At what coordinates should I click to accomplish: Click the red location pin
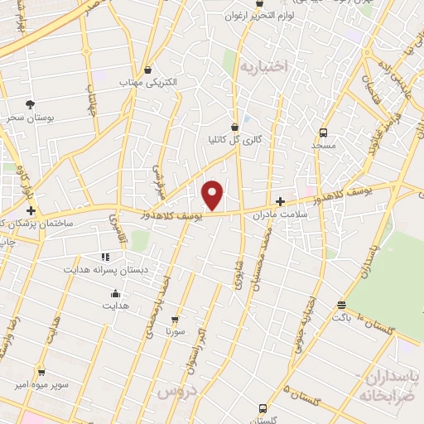pyautogui.click(x=213, y=195)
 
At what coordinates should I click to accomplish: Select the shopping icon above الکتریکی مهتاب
pyautogui.click(x=147, y=70)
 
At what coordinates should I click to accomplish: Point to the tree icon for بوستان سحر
pyautogui.click(x=31, y=104)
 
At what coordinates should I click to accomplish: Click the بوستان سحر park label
pyautogui.click(x=30, y=118)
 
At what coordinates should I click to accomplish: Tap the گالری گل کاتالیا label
pyautogui.click(x=235, y=140)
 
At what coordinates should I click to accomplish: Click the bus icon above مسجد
pyautogui.click(x=322, y=132)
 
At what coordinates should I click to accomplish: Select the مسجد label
pyautogui.click(x=322, y=145)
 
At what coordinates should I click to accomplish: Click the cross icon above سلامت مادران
pyautogui.click(x=280, y=201)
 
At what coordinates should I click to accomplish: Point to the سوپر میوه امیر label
pyautogui.click(x=42, y=385)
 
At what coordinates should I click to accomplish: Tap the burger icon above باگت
pyautogui.click(x=343, y=304)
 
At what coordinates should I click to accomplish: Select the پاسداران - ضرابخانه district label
pyautogui.click(x=388, y=385)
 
